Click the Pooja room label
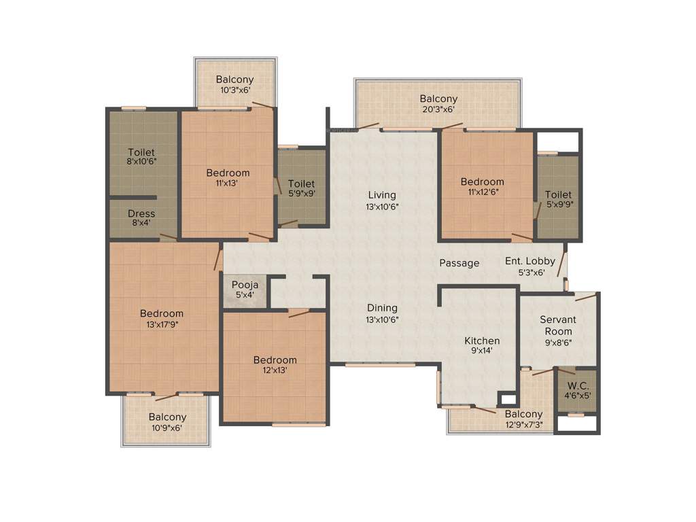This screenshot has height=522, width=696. point(245,284)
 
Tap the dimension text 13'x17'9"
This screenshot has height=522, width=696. point(162,324)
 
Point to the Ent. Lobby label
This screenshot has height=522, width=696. point(530,261)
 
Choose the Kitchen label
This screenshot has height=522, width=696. point(482,341)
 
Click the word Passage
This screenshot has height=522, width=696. point(459,263)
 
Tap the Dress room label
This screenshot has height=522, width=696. point(141,213)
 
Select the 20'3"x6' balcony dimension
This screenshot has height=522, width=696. point(438,109)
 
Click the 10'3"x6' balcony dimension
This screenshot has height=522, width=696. point(234,90)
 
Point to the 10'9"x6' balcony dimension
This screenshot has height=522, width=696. point(167,428)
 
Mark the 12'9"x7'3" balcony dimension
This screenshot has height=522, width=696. point(524,425)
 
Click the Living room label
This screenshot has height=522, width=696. point(382,195)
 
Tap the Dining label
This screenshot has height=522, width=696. point(382,308)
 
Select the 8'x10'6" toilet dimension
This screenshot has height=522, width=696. point(141,162)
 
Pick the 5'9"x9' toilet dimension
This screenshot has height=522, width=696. point(301,194)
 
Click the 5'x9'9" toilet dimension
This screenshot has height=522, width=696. point(558,204)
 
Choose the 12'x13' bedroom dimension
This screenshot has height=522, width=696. point(275,370)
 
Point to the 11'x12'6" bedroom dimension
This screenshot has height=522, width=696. point(482,192)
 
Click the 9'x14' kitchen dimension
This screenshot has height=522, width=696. point(482,351)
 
